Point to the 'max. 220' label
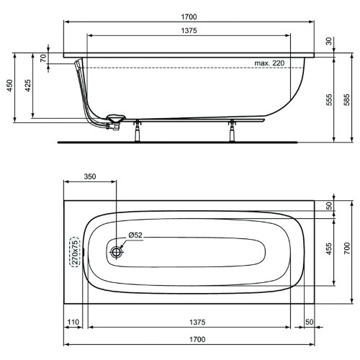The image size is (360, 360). [271, 64]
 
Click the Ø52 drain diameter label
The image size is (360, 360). [137, 236]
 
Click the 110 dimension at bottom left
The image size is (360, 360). [73, 322]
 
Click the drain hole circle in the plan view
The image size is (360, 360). [117, 252]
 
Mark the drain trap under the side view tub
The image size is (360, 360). [114, 121]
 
